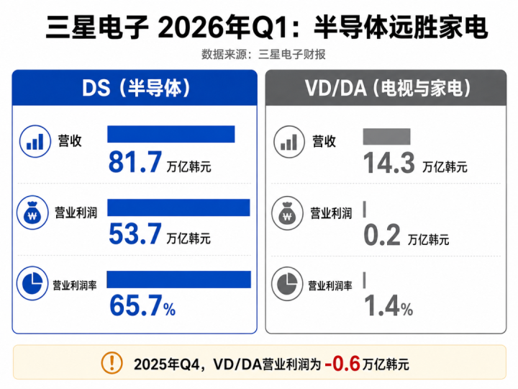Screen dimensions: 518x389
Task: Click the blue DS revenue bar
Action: coord(171,134)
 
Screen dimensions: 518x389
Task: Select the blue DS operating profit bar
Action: coord(178,207)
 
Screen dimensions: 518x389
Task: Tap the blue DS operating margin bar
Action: coord(178,280)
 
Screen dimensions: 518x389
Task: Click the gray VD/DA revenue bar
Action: coord(386,137)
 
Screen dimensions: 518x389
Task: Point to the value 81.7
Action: coord(135,162)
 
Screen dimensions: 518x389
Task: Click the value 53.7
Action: coord(135,234)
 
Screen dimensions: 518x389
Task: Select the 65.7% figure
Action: coord(142,305)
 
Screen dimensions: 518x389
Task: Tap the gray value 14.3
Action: coord(388,163)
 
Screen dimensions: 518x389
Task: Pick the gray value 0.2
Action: coord(382,235)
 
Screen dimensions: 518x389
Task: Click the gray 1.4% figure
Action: coord(388,306)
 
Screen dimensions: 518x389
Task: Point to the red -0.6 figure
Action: coord(342,364)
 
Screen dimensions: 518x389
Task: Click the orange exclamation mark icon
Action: coord(112,363)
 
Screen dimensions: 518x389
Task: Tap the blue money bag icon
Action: coord(32,213)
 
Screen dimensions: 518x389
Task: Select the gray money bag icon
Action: coord(287,213)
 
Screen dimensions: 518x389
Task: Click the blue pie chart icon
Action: coord(32,284)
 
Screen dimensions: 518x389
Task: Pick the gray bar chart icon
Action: coord(289,142)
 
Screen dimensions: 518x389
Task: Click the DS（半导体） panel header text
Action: coord(136,88)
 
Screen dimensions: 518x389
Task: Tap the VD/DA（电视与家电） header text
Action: coord(388,88)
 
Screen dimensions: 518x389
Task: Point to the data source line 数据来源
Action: coord(263,54)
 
